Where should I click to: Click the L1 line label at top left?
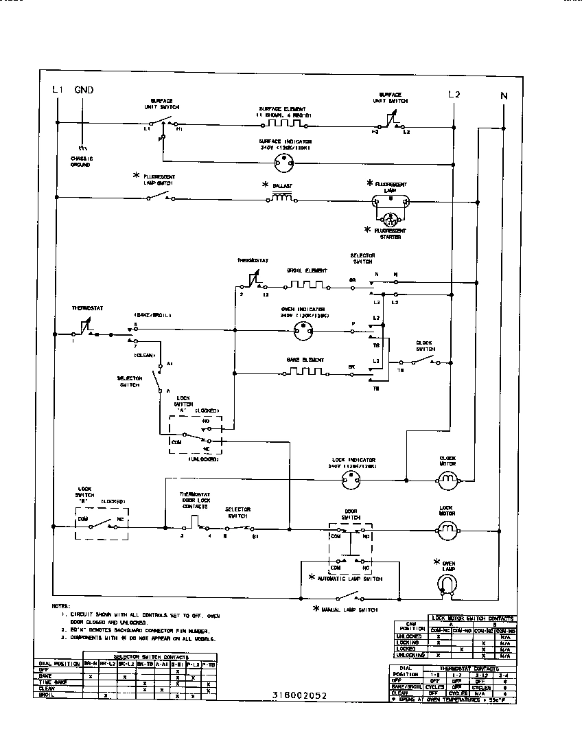tap(57, 90)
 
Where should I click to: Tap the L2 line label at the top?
tap(454, 94)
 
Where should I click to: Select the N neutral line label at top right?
tap(504, 96)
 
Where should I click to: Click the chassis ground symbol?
tap(82, 148)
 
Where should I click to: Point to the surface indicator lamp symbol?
tap(282, 163)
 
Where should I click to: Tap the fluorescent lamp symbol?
tap(391, 201)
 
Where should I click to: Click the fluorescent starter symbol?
tap(391, 220)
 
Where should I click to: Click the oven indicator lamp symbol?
tap(303, 331)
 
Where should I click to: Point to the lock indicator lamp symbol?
tap(351, 482)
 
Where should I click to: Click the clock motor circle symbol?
tap(447, 478)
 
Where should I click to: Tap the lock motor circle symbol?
tap(447, 528)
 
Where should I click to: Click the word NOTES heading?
tap(60, 607)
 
